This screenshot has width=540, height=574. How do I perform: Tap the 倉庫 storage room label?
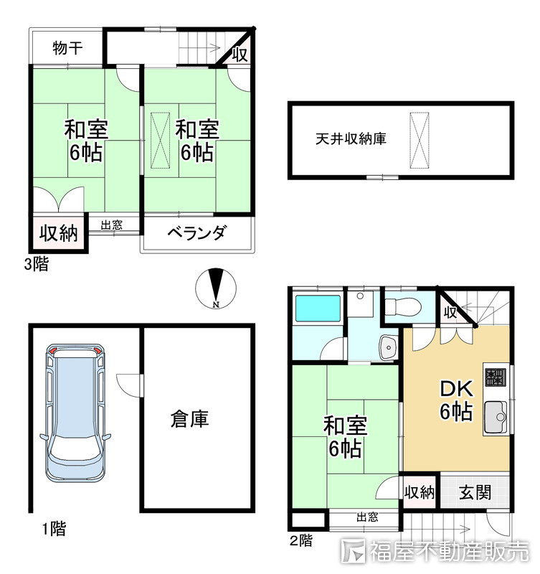click(x=190, y=419)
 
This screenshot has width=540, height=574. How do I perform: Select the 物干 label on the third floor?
click(x=67, y=49)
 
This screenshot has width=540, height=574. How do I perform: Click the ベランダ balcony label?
click(x=197, y=233)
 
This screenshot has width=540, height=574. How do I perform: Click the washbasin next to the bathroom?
click(x=388, y=347)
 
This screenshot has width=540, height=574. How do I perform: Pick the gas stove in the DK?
click(x=496, y=377)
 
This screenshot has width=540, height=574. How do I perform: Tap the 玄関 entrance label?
click(x=475, y=493)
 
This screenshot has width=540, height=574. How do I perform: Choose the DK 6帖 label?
click(x=455, y=400)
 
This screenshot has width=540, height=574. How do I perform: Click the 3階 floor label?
click(x=36, y=264)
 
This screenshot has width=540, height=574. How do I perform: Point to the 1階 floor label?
click(x=53, y=530)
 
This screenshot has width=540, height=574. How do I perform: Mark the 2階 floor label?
click(x=302, y=540)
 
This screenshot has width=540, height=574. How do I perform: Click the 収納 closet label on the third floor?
click(x=58, y=233)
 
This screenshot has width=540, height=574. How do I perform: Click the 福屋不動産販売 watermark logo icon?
click(x=354, y=551)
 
